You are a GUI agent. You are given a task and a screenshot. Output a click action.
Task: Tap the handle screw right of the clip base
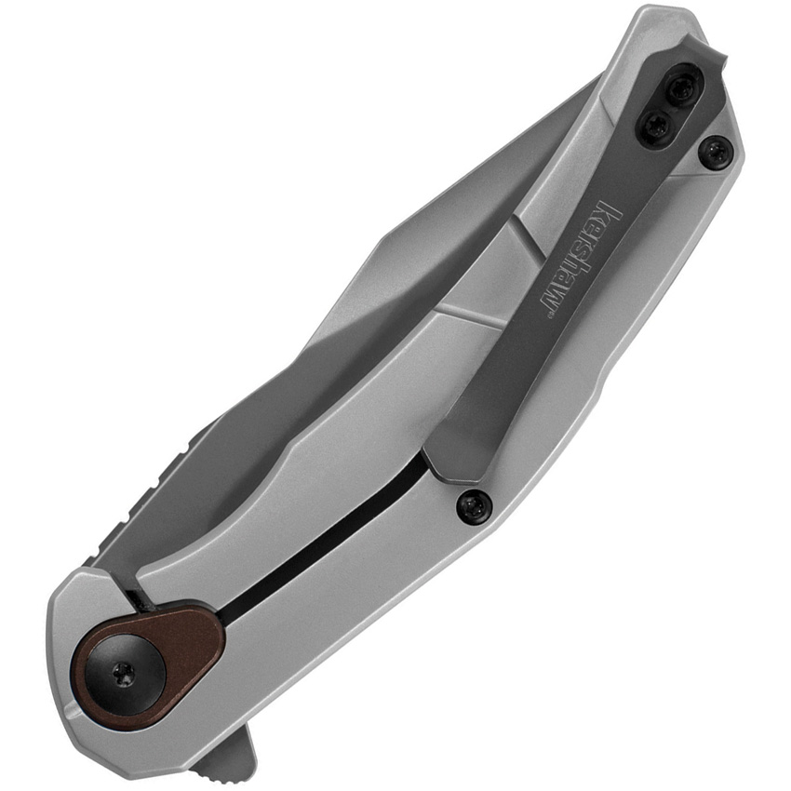click(715, 152)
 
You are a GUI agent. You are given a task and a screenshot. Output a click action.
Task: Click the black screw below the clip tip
click(474, 505)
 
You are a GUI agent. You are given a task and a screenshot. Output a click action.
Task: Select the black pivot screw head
click(122, 671)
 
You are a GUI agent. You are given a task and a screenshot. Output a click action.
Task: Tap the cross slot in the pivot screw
click(122, 671)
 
